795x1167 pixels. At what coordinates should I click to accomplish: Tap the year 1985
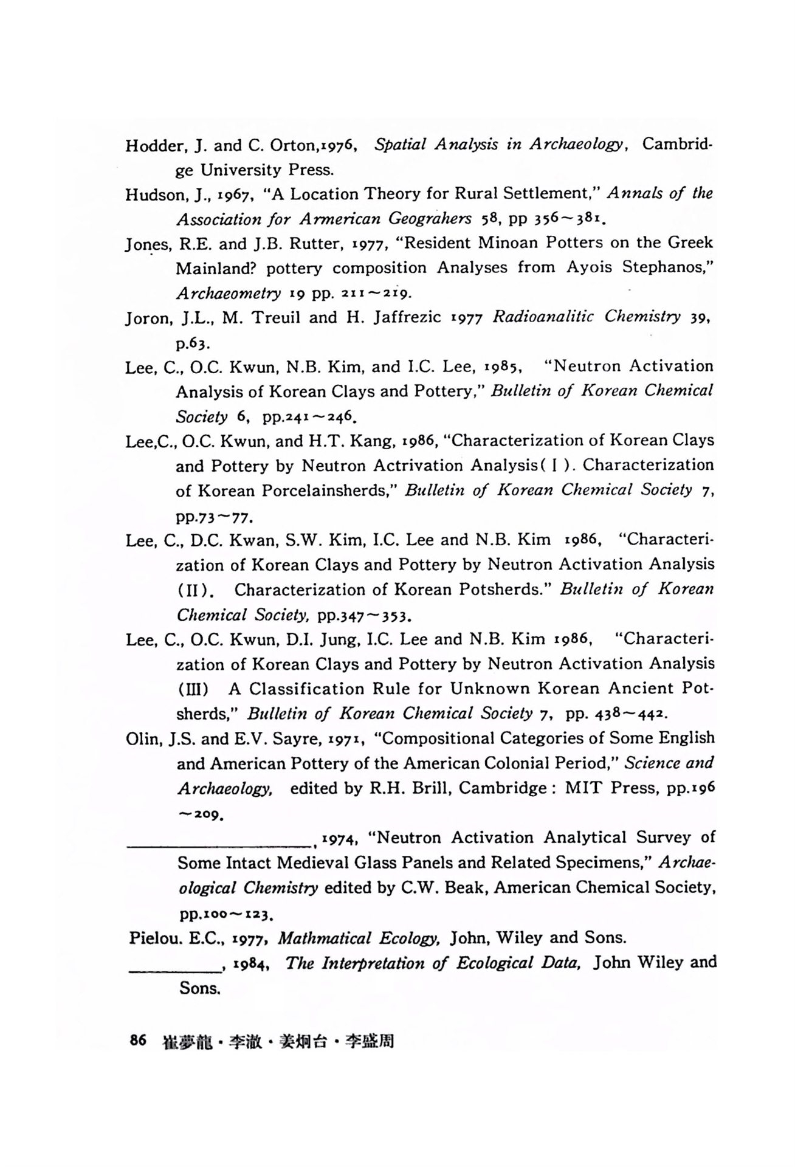501,367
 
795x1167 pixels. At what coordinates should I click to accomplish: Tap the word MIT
584,788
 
